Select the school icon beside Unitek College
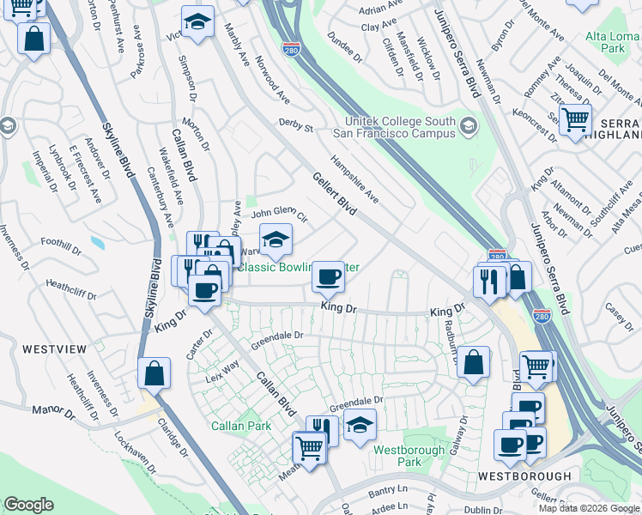(468, 127)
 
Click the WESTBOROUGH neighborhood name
(524, 476)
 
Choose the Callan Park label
(241, 426)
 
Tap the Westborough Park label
(409, 456)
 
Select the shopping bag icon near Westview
(154, 373)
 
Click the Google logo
(28, 505)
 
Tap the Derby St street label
(295, 125)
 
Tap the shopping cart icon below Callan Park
(309, 446)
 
